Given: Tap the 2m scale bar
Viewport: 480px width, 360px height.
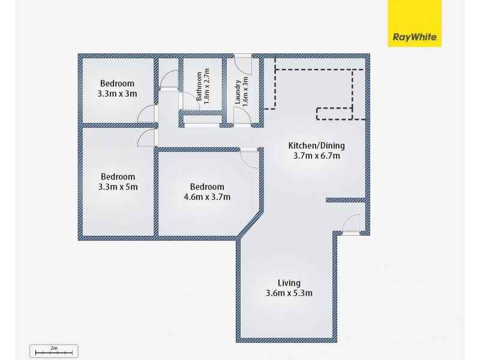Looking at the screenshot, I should (53, 351).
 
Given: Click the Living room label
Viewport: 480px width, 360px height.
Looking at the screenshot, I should (289, 283).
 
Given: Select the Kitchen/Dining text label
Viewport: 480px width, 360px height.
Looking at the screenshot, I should (316, 145).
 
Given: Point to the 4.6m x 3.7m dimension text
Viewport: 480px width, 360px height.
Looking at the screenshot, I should (207, 197).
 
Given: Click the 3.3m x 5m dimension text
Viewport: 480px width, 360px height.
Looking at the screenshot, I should (118, 187).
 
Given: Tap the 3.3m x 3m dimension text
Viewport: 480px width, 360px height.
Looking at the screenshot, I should (118, 94).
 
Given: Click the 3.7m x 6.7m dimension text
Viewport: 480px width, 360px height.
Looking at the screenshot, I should (316, 156).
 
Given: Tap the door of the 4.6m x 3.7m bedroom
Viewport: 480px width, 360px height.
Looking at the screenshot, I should (248, 157).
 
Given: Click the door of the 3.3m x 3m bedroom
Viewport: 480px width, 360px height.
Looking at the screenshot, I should (147, 114).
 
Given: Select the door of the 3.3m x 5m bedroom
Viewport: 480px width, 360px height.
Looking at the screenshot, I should (146, 138).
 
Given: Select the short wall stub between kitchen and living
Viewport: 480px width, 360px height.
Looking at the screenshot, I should (346, 200).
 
